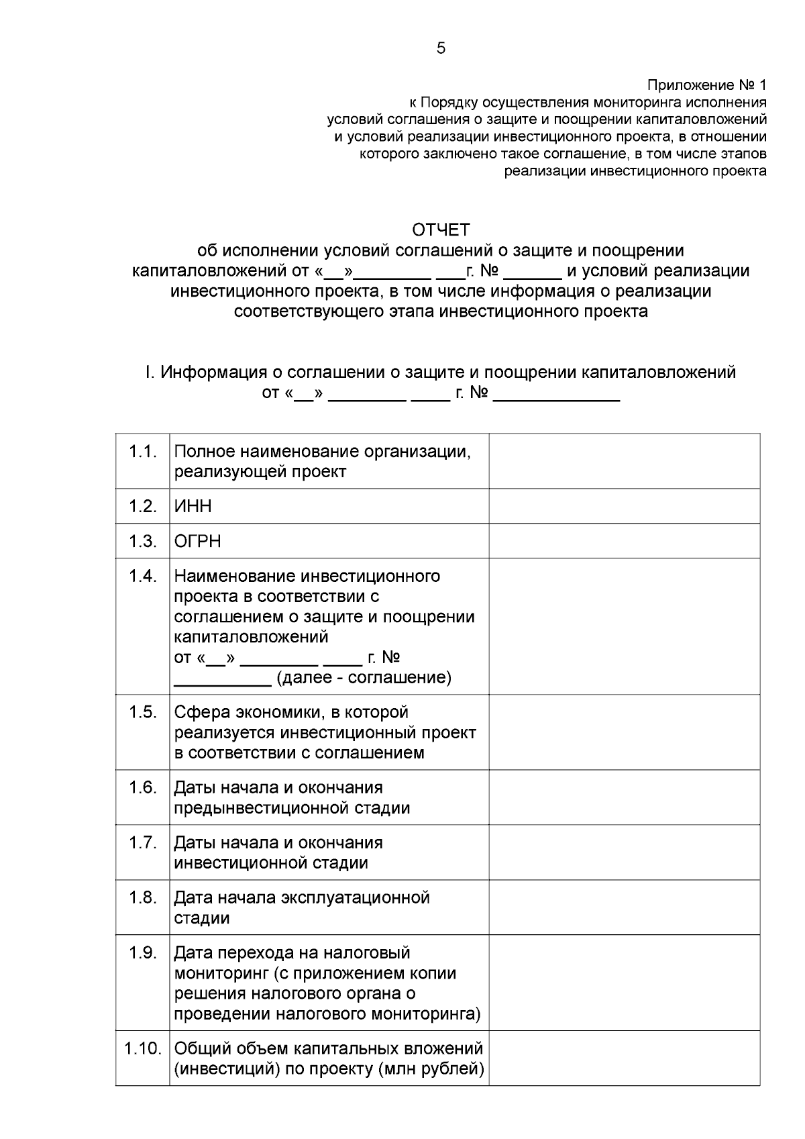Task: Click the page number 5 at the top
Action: point(441,48)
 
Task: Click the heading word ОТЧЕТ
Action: point(441,230)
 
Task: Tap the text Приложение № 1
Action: point(706,85)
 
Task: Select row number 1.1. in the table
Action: point(143,451)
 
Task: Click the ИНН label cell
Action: point(193,506)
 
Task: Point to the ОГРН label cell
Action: point(197,541)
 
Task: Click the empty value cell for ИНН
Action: point(624,506)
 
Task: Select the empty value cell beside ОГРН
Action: point(624,541)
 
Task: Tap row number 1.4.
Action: point(143,576)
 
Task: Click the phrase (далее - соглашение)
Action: point(364,677)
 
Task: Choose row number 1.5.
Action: point(143,712)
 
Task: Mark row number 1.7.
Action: point(143,842)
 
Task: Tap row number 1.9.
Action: point(143,952)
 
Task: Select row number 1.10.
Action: point(143,1048)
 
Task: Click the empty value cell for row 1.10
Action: point(624,1058)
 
